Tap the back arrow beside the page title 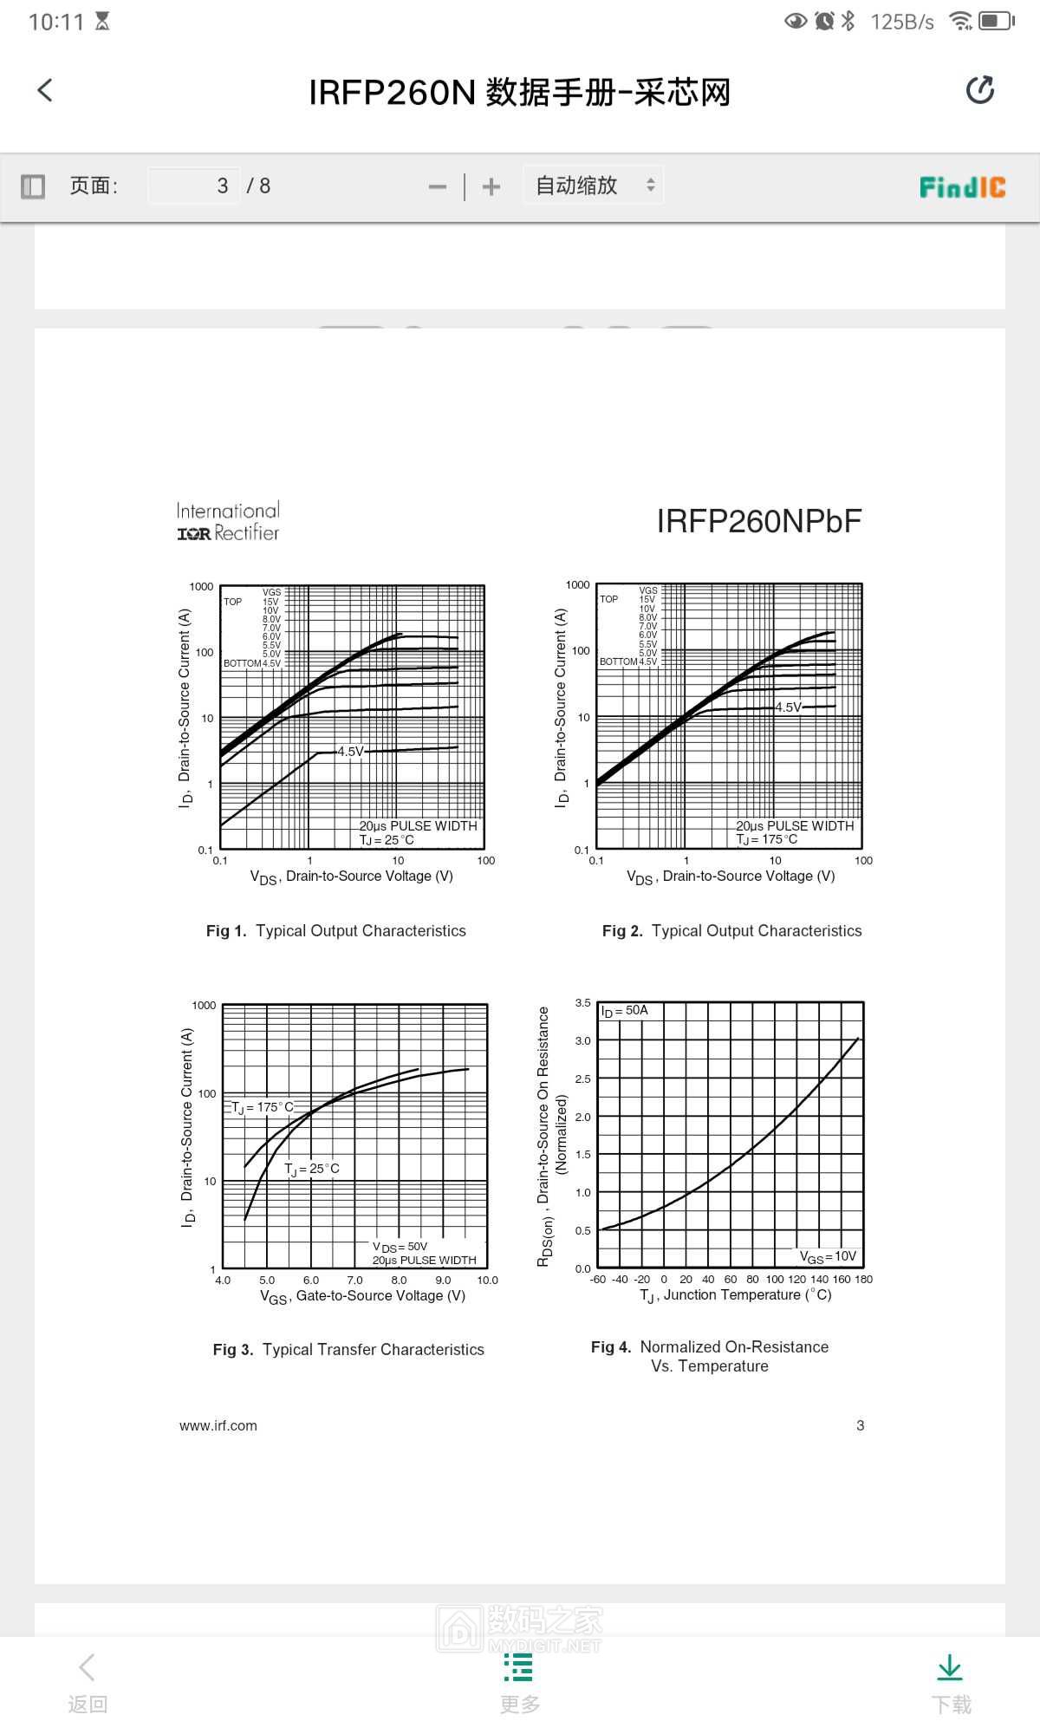[45, 90]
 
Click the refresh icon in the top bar [979, 90]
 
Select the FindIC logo [962, 186]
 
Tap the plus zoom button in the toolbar [491, 186]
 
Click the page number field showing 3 [194, 186]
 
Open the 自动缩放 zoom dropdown [594, 186]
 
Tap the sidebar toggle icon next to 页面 [33, 186]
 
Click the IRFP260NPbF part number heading [759, 521]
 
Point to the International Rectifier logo [228, 522]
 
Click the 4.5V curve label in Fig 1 [350, 752]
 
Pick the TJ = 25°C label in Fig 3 [312, 1169]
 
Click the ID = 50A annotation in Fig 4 [625, 1011]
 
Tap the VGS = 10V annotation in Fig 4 [828, 1256]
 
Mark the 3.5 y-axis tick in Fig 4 [582, 1003]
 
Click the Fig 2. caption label [622, 931]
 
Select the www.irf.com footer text [218, 1425]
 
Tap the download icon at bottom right [950, 1668]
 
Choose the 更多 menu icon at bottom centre [518, 1668]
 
